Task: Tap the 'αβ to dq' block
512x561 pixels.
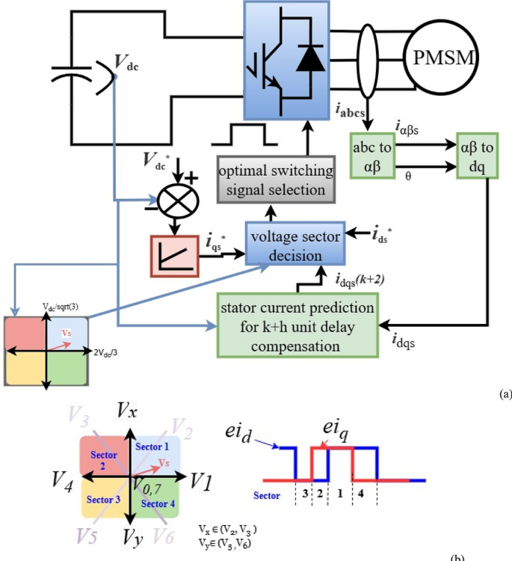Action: click(478, 156)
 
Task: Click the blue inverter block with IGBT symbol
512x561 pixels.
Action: click(286, 59)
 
